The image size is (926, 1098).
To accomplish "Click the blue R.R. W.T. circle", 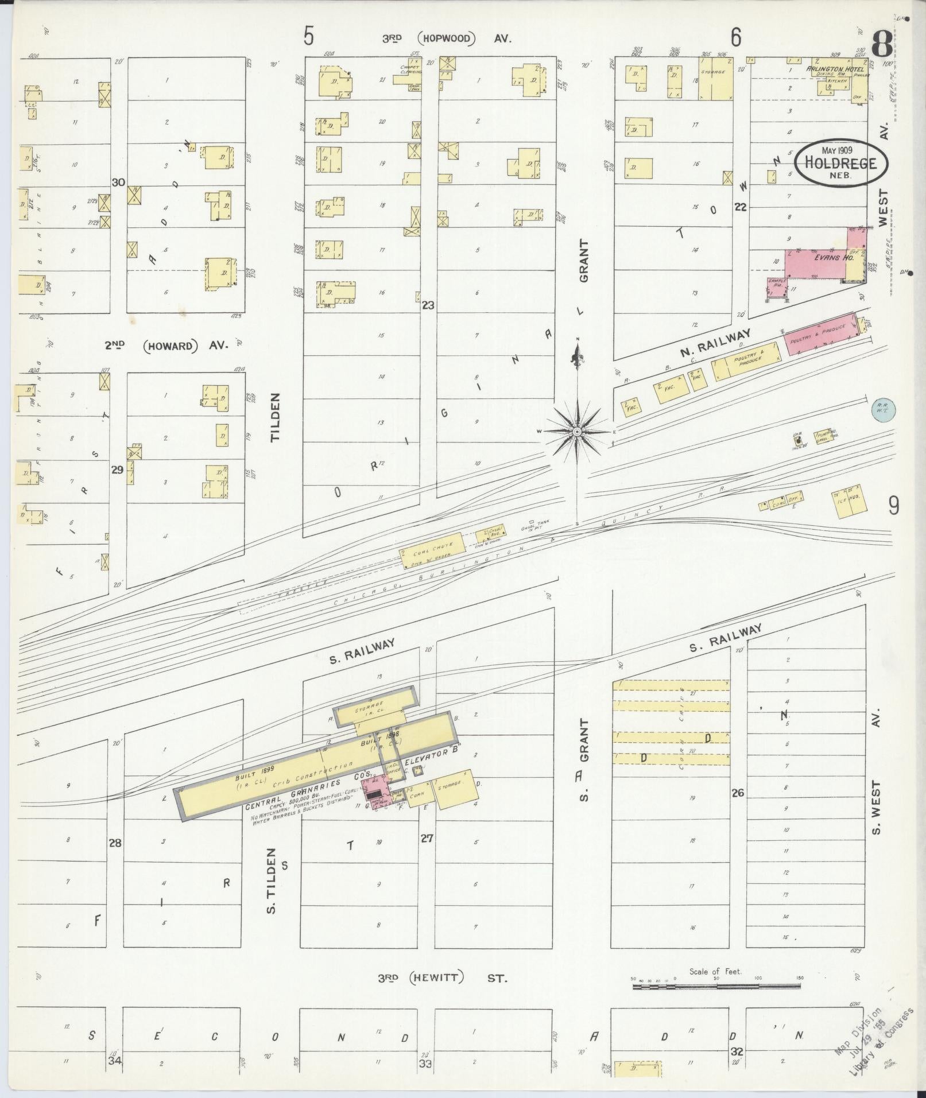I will click(x=884, y=410).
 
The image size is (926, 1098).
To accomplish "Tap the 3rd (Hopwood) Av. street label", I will click(x=447, y=39).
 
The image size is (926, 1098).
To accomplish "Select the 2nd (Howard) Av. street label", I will click(x=166, y=346).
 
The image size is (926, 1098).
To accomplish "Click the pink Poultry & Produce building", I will click(x=819, y=333).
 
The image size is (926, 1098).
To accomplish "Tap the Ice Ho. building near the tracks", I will click(x=848, y=503).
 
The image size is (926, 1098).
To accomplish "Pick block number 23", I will click(x=428, y=306).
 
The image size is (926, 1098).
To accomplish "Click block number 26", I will click(x=738, y=793).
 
